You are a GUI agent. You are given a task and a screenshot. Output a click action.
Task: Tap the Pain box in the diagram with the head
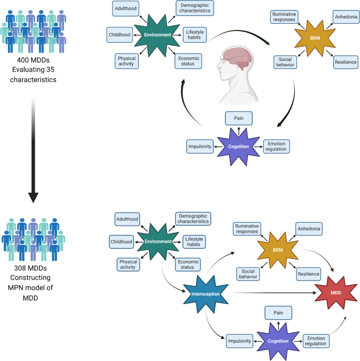coord(239,117)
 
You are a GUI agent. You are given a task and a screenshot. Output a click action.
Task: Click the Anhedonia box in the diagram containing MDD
coord(308,229)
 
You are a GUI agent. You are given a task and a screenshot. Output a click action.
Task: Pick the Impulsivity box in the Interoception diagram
coord(240,340)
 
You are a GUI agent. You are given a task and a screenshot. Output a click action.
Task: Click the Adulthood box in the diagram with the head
coord(127,8)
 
